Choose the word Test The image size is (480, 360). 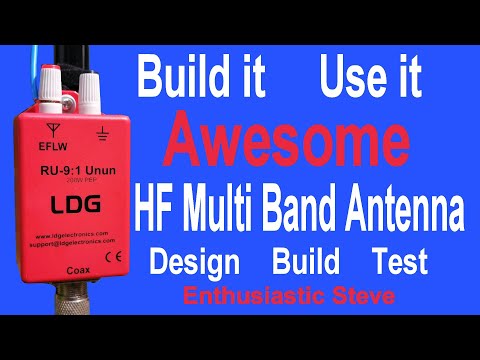(x=399, y=262)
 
